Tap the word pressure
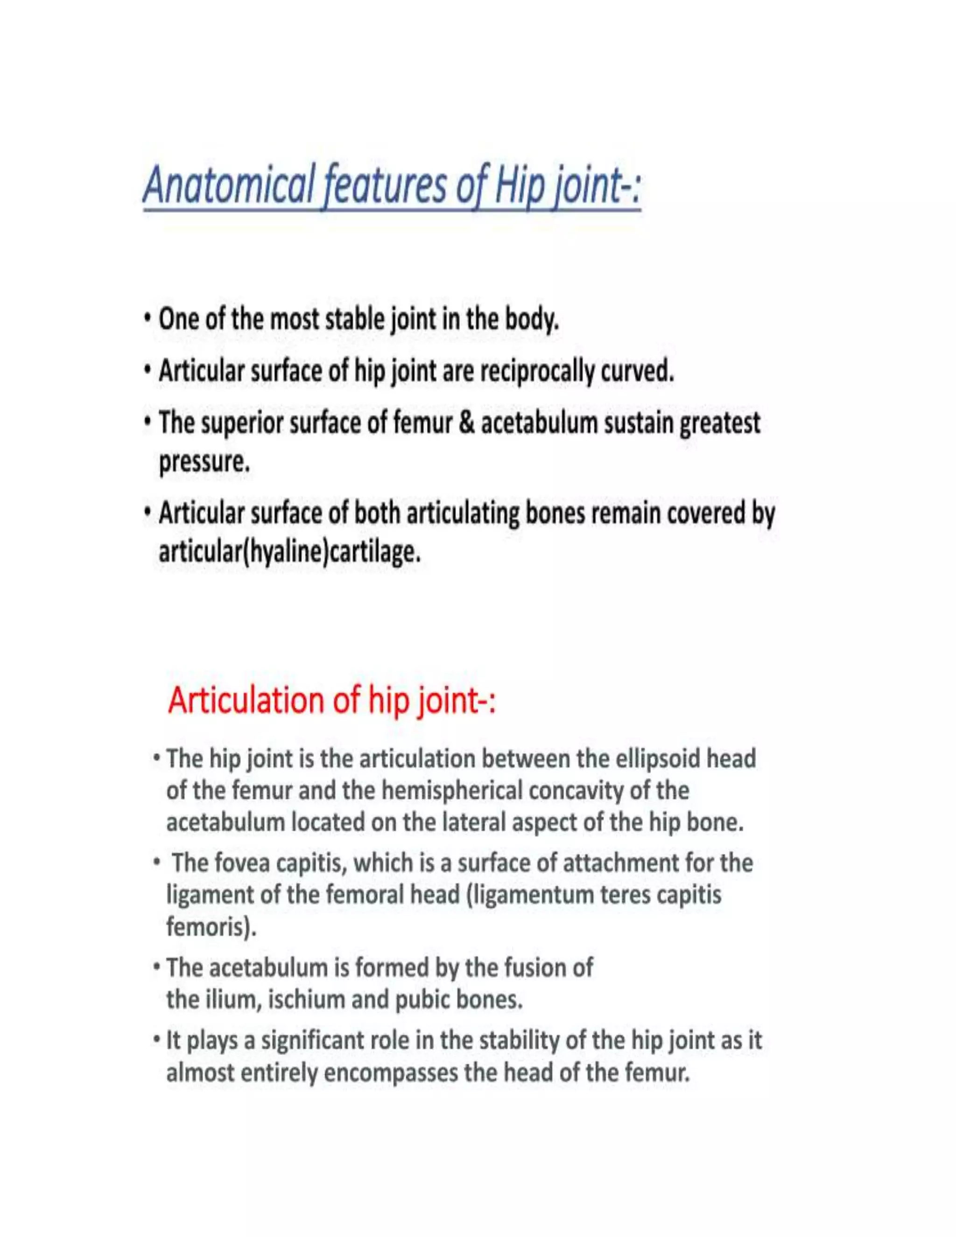tap(204, 462)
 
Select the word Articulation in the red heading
tap(247, 700)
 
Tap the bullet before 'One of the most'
tap(147, 319)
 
